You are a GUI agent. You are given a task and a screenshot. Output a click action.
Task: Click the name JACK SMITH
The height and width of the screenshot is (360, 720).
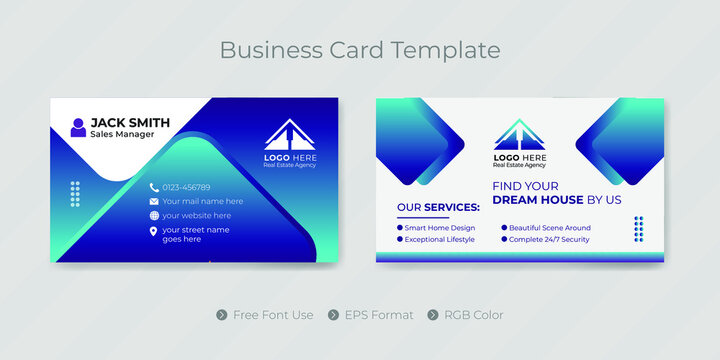[130, 123]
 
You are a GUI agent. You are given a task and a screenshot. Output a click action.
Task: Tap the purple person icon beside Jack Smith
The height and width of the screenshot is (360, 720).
[78, 127]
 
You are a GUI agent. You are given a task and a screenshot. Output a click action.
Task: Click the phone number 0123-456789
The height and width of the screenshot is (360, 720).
[186, 187]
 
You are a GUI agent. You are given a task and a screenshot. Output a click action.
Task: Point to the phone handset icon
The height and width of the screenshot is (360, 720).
[154, 187]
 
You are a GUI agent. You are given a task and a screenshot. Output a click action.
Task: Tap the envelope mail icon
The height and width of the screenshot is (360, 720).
[154, 201]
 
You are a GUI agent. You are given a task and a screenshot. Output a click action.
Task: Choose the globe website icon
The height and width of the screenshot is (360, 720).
[154, 215]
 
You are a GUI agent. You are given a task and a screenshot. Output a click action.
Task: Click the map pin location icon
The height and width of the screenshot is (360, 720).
[154, 232]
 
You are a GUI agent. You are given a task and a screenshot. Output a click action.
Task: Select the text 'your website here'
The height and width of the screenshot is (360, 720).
[196, 215]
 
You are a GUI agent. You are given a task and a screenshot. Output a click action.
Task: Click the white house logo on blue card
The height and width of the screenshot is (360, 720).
[288, 135]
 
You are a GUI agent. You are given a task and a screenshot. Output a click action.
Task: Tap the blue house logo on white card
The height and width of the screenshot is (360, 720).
[520, 135]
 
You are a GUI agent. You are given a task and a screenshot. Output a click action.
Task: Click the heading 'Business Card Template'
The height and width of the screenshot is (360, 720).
[360, 49]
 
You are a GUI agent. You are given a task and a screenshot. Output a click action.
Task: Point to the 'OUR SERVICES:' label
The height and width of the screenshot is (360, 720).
[438, 207]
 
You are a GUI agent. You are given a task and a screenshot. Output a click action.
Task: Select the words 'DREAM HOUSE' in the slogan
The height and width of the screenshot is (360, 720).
[539, 200]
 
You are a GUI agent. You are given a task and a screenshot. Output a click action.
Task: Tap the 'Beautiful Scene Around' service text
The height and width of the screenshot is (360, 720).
[550, 228]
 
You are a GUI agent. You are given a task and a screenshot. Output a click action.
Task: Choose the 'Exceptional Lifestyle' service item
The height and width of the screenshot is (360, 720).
[440, 240]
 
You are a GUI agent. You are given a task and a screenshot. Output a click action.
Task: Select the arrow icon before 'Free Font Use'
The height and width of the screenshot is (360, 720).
[222, 315]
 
